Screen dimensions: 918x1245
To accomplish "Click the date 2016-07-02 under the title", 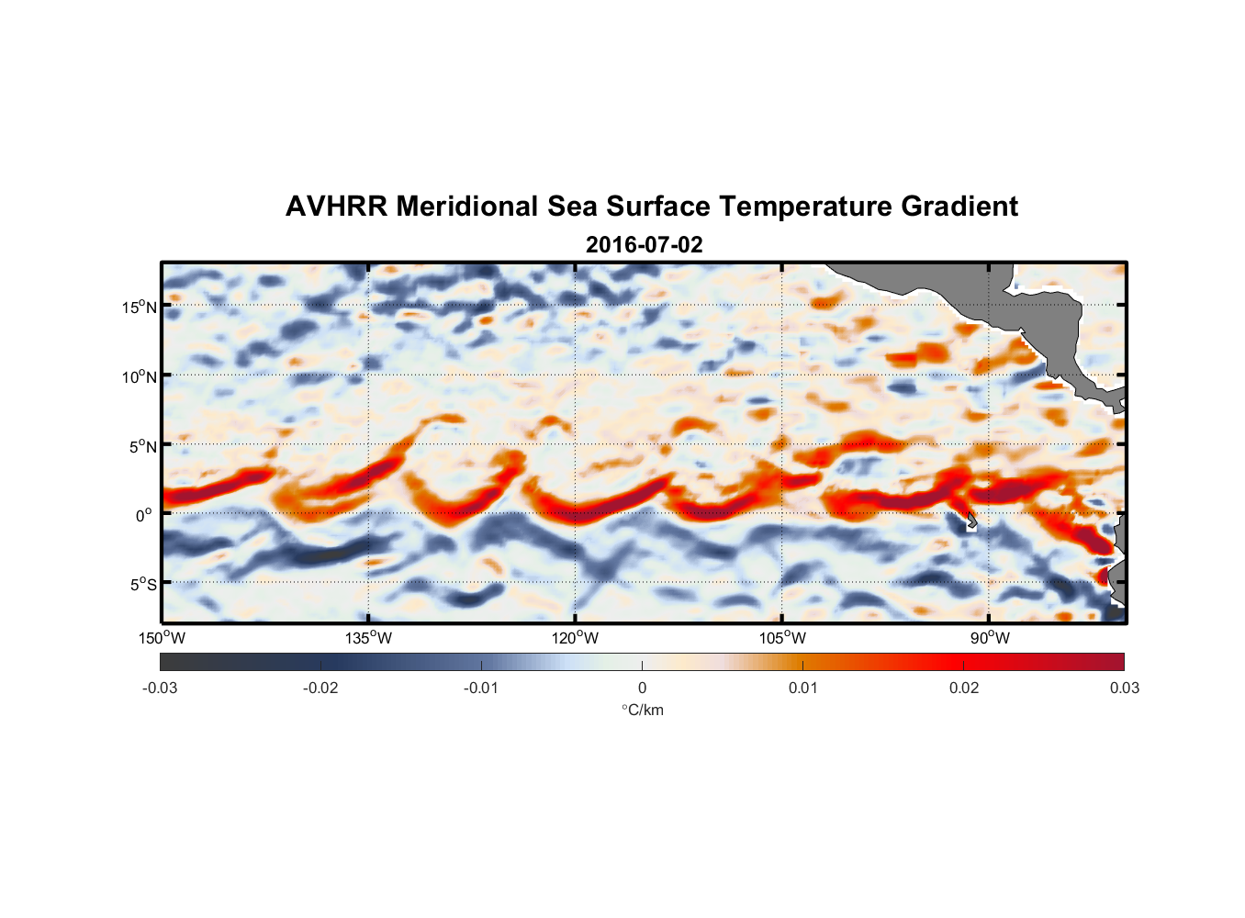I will (644, 245).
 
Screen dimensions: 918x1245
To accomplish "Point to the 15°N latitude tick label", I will (139, 307).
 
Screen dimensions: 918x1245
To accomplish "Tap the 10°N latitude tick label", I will (139, 376).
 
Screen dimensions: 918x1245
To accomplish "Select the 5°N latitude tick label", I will (142, 446).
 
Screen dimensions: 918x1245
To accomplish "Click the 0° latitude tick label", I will (144, 516).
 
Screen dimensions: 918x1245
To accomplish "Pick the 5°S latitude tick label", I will (142, 585).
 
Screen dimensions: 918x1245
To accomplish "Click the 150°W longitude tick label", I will (162, 638).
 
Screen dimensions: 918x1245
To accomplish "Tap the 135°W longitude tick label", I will (369, 638).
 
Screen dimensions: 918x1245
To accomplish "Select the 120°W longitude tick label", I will (576, 638).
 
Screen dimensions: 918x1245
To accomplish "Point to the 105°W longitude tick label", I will (782, 638).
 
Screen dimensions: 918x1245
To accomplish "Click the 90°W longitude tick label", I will (989, 638).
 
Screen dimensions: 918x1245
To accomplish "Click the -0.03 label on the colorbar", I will (160, 688).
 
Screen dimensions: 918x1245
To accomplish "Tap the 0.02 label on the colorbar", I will (964, 688).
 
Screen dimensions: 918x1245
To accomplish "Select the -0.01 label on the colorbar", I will (481, 688).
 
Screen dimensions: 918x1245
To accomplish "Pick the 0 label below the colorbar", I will (642, 688).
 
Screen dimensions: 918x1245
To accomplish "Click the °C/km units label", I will (643, 710).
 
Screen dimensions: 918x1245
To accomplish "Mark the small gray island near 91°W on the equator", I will (971, 522).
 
